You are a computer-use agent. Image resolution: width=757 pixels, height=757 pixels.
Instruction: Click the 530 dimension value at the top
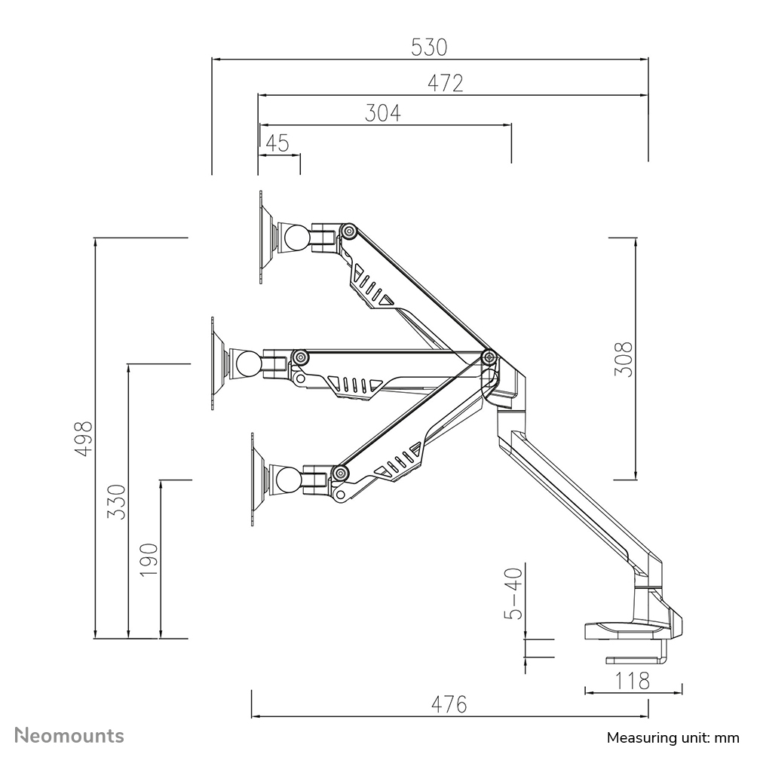(x=429, y=48)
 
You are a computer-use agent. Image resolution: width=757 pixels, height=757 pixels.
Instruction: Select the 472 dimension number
(x=445, y=83)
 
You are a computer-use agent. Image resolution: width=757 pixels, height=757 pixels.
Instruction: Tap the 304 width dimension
(x=383, y=113)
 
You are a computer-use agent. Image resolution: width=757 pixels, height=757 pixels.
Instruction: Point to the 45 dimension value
(x=278, y=143)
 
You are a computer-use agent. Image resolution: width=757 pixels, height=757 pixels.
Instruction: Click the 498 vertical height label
(x=84, y=437)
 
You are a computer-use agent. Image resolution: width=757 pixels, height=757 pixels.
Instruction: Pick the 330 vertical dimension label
(x=117, y=501)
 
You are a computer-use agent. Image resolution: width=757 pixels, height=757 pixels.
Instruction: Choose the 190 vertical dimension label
(x=149, y=559)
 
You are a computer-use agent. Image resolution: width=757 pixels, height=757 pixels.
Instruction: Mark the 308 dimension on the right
(x=623, y=359)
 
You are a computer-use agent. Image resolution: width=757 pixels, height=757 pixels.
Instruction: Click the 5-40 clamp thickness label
(x=513, y=593)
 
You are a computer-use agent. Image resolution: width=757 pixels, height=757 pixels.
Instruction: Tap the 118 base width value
(x=633, y=681)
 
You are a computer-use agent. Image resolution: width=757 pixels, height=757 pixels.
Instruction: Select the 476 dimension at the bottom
(x=449, y=704)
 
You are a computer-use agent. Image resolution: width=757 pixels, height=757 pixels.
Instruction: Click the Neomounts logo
(x=70, y=735)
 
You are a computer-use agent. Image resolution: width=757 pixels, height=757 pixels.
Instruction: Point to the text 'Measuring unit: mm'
(x=673, y=737)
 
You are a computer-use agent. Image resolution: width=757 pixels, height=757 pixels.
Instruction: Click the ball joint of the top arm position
(x=295, y=238)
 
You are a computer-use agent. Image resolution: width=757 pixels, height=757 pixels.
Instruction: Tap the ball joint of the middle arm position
(x=247, y=363)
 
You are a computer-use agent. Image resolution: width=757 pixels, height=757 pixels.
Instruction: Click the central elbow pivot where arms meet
(x=489, y=357)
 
